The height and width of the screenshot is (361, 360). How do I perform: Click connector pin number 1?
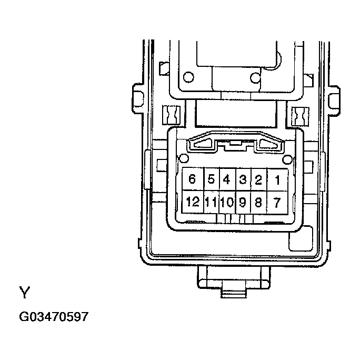pyautogui.click(x=277, y=179)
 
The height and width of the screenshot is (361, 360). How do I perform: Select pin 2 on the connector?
pyautogui.click(x=258, y=179)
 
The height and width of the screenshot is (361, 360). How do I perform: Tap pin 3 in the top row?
pyautogui.click(x=243, y=179)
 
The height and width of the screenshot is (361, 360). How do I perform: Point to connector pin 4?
pyautogui.click(x=227, y=179)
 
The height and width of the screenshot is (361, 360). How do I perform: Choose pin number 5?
pyautogui.click(x=211, y=179)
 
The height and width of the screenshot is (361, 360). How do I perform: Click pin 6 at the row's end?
pyautogui.click(x=192, y=179)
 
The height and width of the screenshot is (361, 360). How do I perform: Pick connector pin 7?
pyautogui.click(x=277, y=202)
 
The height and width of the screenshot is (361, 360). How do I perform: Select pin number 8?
pyautogui.click(x=258, y=202)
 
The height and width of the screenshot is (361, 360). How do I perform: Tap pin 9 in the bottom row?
pyautogui.click(x=243, y=202)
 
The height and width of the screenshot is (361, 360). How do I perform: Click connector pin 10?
pyautogui.click(x=227, y=202)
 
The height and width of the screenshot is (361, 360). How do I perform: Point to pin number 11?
pyautogui.click(x=211, y=202)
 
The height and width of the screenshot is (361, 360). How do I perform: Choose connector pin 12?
pyautogui.click(x=192, y=202)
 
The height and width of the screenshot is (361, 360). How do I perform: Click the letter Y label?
pyautogui.click(x=24, y=292)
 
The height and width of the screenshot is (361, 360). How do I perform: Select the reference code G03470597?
pyautogui.click(x=54, y=317)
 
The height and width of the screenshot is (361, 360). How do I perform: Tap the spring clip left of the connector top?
pyautogui.click(x=172, y=114)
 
